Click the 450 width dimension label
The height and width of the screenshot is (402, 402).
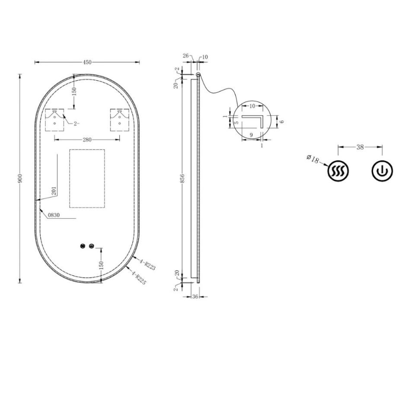[x=87, y=62]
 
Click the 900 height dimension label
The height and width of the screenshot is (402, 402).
[x=20, y=179]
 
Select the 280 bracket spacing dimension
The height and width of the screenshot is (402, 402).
[x=87, y=139]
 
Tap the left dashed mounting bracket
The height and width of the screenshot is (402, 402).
[x=55, y=120]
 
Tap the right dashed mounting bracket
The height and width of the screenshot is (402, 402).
[x=120, y=120]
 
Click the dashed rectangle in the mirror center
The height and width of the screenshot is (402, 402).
[x=87, y=179]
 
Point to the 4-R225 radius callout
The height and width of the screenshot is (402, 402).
[x=139, y=277]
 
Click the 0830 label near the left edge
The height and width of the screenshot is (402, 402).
[x=54, y=214]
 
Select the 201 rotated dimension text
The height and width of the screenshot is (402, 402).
[x=54, y=191]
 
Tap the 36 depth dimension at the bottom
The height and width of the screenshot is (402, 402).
[x=195, y=297]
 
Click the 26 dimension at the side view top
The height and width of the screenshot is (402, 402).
[x=186, y=55]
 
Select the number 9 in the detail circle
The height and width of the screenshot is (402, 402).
[x=251, y=135]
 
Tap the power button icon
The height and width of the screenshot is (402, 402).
[x=383, y=172]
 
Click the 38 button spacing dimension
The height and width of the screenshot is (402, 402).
[x=360, y=147]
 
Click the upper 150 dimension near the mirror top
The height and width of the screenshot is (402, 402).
[x=74, y=91]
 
